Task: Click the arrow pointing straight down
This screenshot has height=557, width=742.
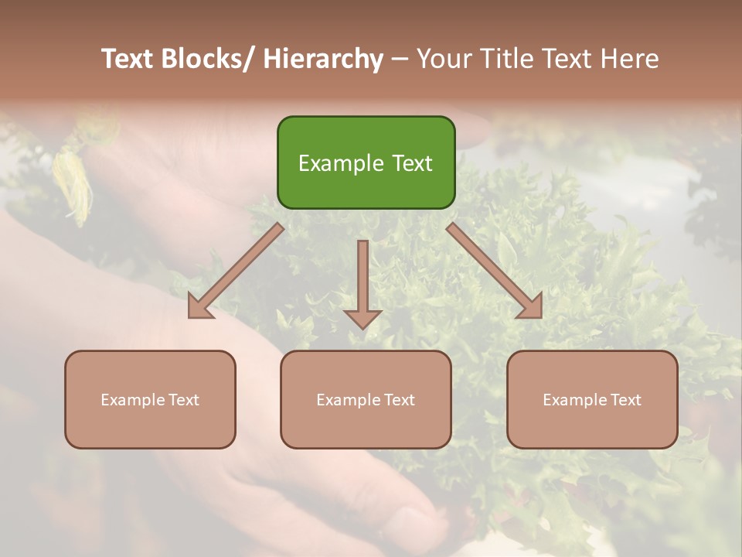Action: (362, 282)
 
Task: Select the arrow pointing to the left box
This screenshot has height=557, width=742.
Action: (236, 271)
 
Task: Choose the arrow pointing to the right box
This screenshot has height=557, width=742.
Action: (495, 271)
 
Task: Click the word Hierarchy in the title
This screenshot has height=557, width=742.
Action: (323, 59)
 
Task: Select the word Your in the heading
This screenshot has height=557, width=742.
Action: (444, 59)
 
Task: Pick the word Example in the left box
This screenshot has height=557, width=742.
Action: (134, 400)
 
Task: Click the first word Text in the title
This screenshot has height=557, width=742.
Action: (128, 59)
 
